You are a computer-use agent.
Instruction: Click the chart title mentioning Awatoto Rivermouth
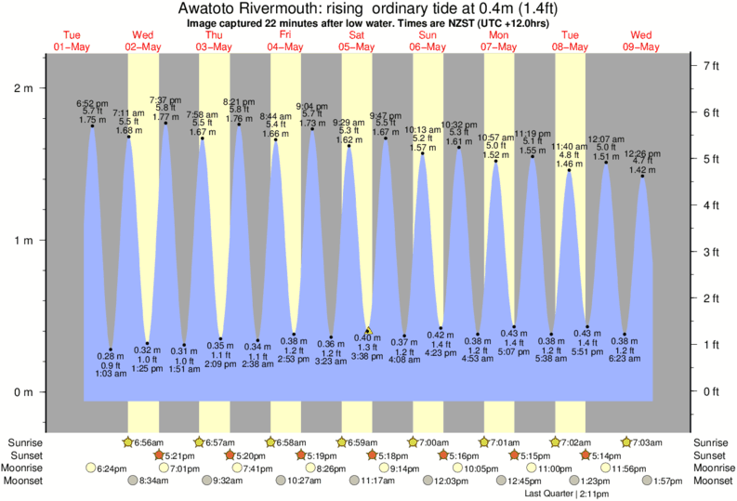click(368, 8)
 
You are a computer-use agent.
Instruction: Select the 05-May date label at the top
click(356, 46)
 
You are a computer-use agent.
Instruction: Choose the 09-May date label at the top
click(641, 46)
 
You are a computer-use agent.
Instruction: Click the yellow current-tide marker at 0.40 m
click(369, 330)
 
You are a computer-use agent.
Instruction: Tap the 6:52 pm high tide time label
click(92, 103)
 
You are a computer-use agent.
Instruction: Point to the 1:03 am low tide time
click(111, 374)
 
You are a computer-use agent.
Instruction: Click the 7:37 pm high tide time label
click(165, 99)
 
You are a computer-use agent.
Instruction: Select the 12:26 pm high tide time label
click(642, 153)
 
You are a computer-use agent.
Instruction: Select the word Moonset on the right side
click(712, 481)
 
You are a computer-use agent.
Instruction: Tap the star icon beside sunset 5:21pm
click(159, 455)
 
